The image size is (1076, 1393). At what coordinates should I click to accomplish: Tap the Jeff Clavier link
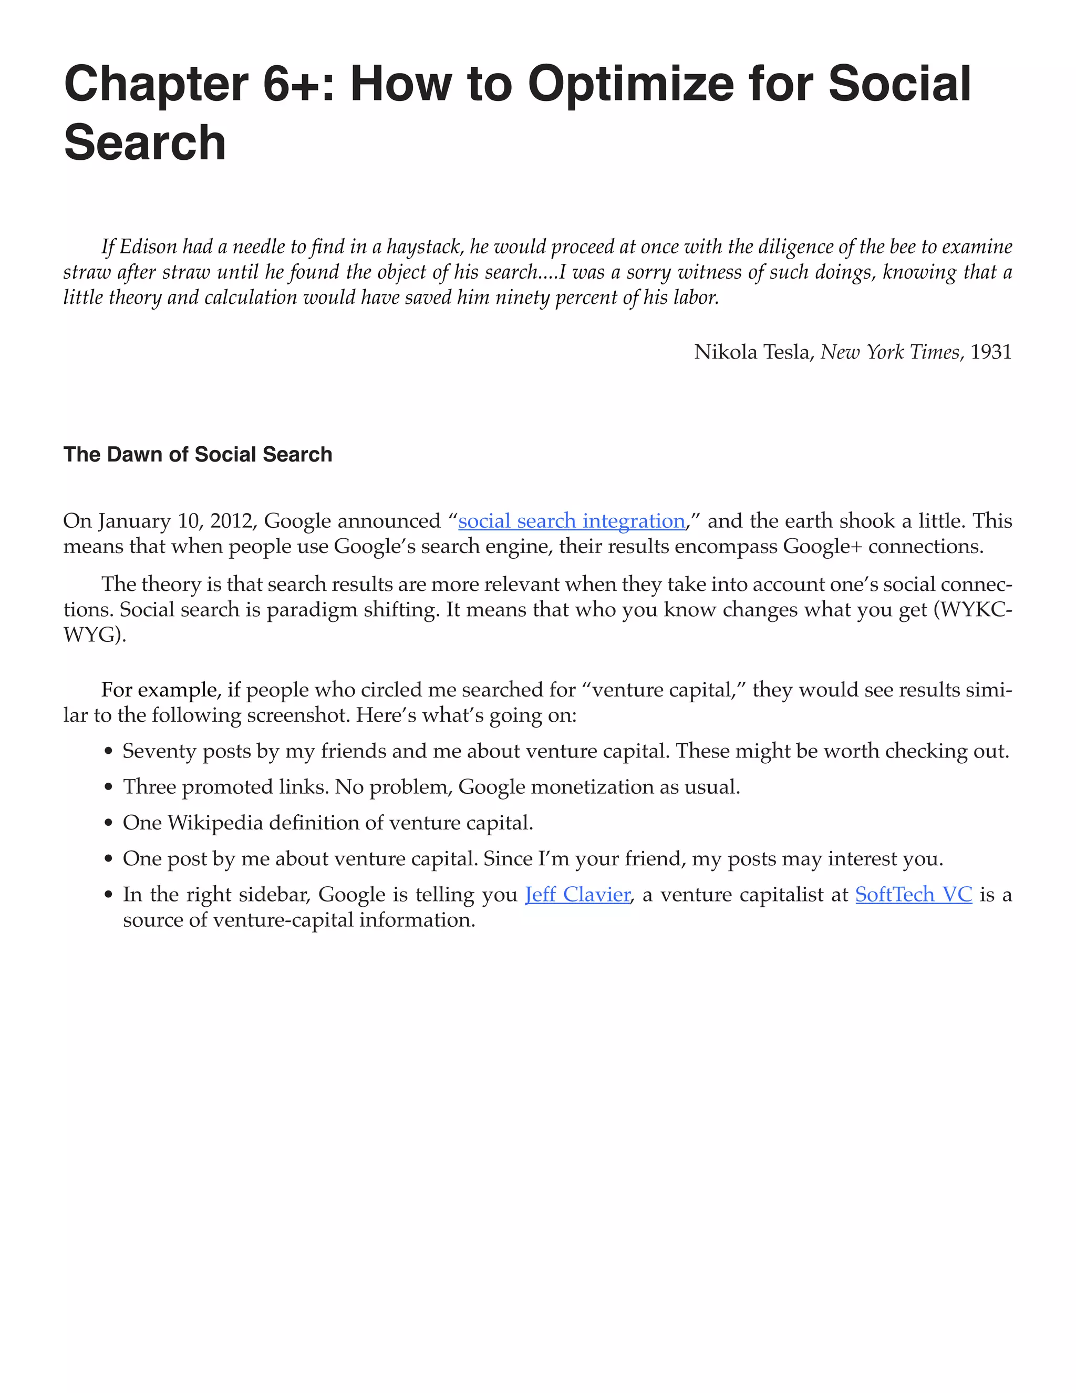click(x=577, y=895)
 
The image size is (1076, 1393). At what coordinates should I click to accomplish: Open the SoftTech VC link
click(x=913, y=895)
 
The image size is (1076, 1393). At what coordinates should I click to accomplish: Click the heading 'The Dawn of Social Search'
click(x=198, y=454)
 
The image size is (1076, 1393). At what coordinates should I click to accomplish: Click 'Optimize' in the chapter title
click(x=630, y=84)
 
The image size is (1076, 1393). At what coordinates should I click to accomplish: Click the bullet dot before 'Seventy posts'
click(x=108, y=753)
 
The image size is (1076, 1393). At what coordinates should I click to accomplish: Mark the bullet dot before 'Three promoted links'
click(x=108, y=788)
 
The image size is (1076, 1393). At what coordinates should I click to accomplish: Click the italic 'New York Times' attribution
click(x=890, y=352)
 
